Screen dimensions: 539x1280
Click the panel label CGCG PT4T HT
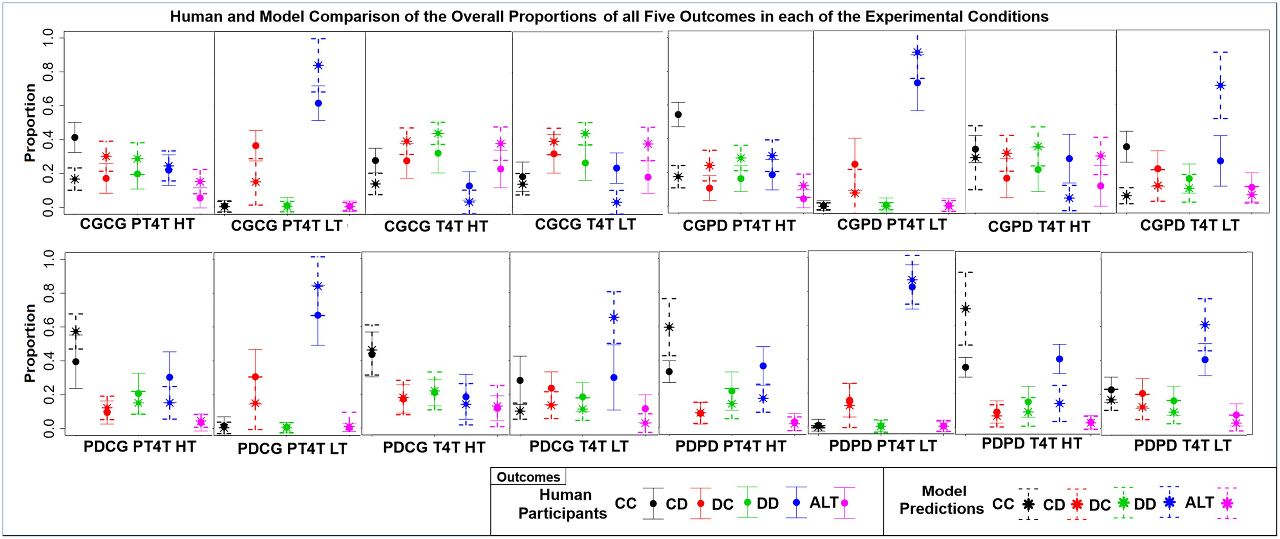pos(137,224)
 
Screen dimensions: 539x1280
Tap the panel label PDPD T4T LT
pos(1182,445)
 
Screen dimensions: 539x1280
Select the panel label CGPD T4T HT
pos(1039,227)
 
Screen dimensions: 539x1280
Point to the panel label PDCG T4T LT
pos(579,446)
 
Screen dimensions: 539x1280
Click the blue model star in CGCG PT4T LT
pos(318,65)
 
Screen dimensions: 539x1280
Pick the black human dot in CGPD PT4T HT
pos(678,114)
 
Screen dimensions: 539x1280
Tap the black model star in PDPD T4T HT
pos(965,308)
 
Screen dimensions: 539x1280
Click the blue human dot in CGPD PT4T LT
pos(918,82)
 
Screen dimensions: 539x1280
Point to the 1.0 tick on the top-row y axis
pos(47,38)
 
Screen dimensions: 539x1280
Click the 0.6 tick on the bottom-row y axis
pos(47,327)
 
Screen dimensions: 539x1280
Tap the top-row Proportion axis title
pos(30,123)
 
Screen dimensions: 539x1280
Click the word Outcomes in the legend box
pos(528,477)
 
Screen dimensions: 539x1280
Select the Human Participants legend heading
pos(563,504)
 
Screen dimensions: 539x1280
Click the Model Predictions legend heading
pos(942,500)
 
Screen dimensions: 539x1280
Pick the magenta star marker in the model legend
pos(1227,504)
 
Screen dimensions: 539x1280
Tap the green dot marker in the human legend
pos(748,502)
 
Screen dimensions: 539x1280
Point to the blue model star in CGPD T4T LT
pos(1220,85)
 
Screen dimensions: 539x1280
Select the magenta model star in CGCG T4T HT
pos(500,143)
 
